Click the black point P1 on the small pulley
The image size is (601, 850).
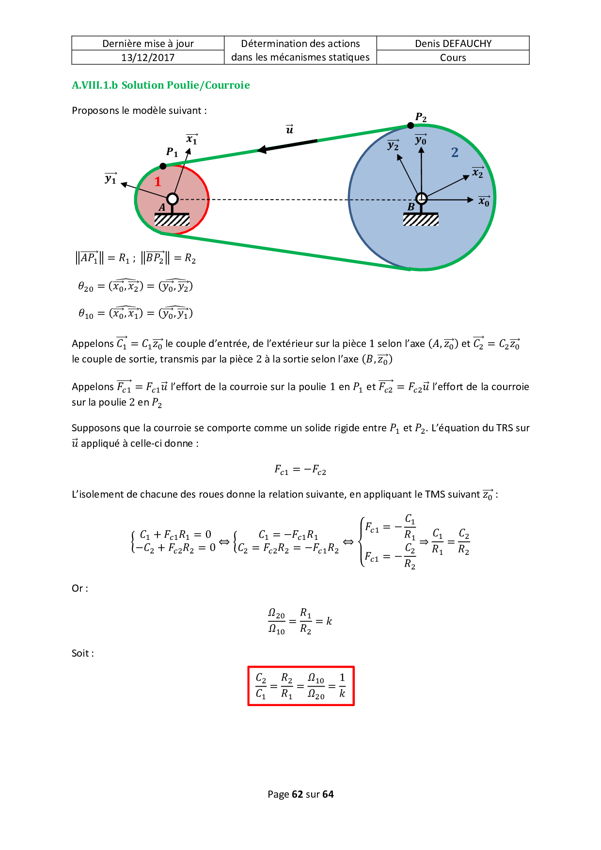click(x=163, y=166)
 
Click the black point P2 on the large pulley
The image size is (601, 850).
click(x=411, y=126)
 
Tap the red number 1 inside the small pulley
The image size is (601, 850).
click(x=158, y=182)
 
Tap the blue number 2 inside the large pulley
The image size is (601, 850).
click(x=455, y=153)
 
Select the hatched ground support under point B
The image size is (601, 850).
click(x=421, y=220)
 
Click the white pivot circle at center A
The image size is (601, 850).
click(x=173, y=199)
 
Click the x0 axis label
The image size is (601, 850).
click(x=484, y=201)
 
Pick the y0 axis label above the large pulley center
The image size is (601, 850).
click(x=421, y=140)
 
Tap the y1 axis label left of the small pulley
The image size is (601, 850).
click(x=111, y=179)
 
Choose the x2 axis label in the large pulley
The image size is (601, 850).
click(x=478, y=173)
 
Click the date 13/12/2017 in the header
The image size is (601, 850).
click(x=148, y=58)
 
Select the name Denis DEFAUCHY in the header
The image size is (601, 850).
click(x=453, y=44)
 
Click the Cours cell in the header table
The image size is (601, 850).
click(x=453, y=58)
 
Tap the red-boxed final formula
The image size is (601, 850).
click(x=301, y=686)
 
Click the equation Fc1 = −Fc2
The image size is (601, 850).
click(x=300, y=470)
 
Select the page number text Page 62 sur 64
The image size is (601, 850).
click(x=300, y=794)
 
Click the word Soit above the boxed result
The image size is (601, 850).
click(x=81, y=653)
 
